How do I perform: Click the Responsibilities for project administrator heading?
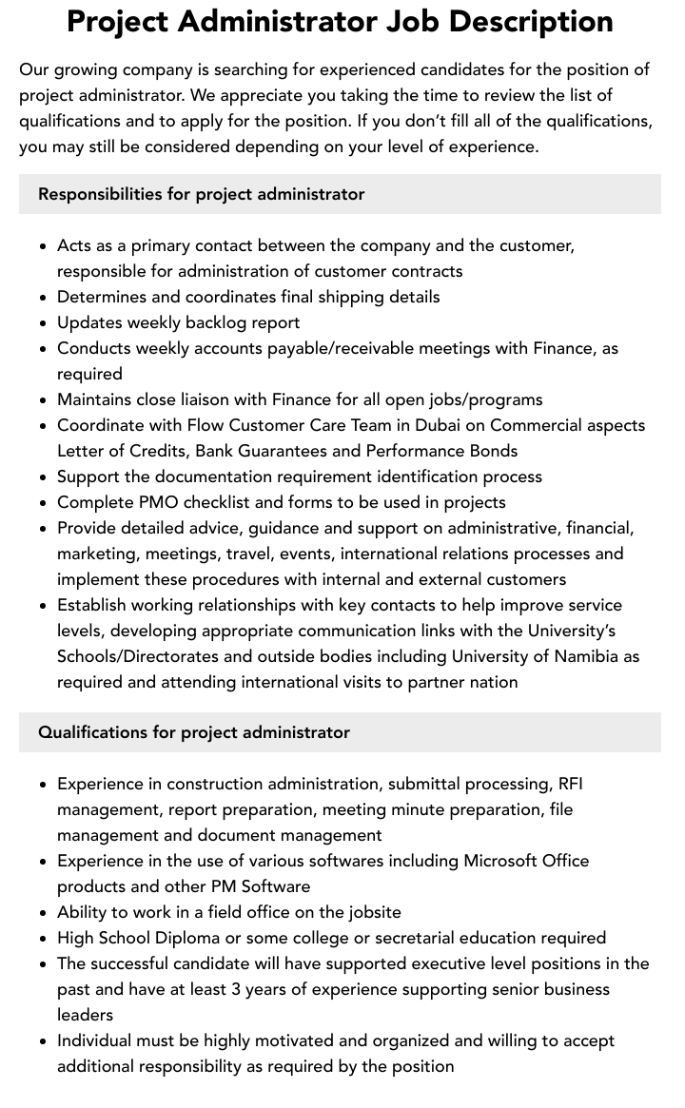click(201, 194)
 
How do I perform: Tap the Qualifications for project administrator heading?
click(193, 732)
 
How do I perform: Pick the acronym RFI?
click(570, 784)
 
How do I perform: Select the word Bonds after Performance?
click(494, 451)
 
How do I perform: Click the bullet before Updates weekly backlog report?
click(44, 323)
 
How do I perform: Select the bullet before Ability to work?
click(44, 913)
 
